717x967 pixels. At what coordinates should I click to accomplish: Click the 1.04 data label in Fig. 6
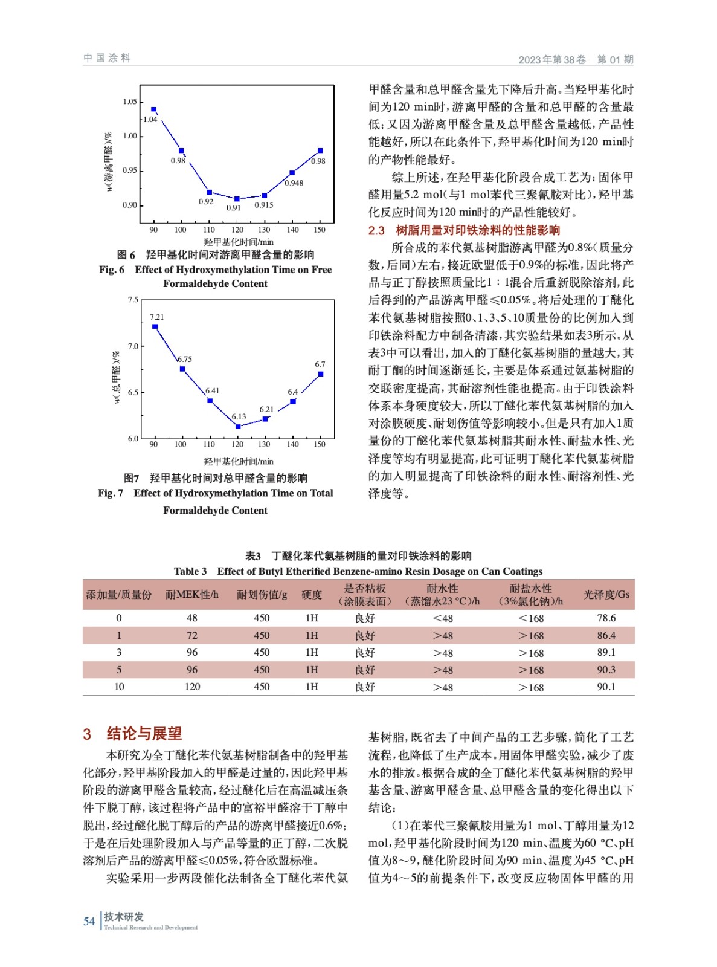(x=150, y=120)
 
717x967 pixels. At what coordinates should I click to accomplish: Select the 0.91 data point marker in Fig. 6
(x=237, y=199)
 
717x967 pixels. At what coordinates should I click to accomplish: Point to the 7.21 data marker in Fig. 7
(x=155, y=326)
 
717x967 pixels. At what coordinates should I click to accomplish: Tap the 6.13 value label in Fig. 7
(x=239, y=416)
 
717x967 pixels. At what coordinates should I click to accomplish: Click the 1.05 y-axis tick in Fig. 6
(x=130, y=102)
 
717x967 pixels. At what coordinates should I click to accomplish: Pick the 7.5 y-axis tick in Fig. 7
(x=133, y=300)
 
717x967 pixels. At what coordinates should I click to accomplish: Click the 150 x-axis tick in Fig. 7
(x=320, y=444)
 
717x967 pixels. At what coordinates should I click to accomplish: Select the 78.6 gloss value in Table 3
(x=606, y=618)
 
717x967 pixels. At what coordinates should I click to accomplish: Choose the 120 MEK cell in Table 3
(x=192, y=687)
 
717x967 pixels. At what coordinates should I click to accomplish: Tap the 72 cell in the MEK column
(x=192, y=635)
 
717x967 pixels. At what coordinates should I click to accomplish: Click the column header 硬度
(x=312, y=595)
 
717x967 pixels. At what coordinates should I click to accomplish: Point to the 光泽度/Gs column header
(x=606, y=595)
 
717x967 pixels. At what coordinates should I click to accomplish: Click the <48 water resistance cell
(x=443, y=618)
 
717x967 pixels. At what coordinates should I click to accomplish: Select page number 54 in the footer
(x=89, y=921)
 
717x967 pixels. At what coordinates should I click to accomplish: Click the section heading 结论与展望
(x=144, y=734)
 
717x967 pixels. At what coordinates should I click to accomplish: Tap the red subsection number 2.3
(x=376, y=230)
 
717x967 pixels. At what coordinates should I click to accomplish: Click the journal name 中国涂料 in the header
(x=107, y=58)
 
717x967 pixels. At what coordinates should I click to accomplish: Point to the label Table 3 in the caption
(x=190, y=571)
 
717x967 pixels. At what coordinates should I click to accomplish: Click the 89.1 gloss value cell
(x=606, y=653)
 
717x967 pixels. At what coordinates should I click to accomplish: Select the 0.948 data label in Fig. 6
(x=294, y=183)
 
